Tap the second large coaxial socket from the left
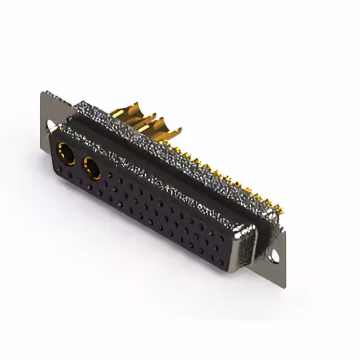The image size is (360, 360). click(x=91, y=167)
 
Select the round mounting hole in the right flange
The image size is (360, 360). click(x=275, y=256)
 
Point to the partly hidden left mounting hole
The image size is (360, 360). click(x=51, y=125)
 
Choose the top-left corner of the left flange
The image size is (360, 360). click(x=43, y=92)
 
